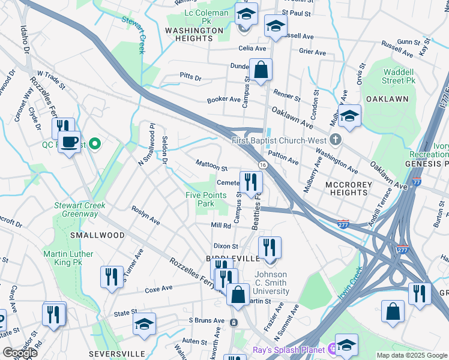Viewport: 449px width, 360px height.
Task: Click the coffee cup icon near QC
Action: [70, 142]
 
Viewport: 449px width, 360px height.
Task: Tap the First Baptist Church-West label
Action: [279, 140]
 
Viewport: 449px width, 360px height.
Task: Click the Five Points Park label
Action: [206, 199]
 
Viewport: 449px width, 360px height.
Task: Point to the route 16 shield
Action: [263, 164]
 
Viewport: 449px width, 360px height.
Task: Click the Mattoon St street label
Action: [212, 166]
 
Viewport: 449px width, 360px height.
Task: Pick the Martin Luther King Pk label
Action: [68, 258]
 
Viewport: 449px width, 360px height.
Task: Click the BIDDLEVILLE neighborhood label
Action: [237, 258]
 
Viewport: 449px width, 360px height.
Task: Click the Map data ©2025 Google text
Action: [412, 355]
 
